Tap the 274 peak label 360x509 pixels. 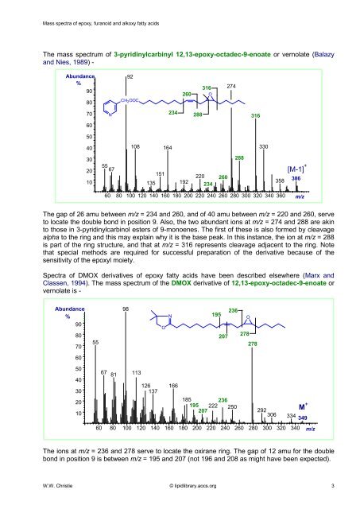(x=232, y=85)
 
